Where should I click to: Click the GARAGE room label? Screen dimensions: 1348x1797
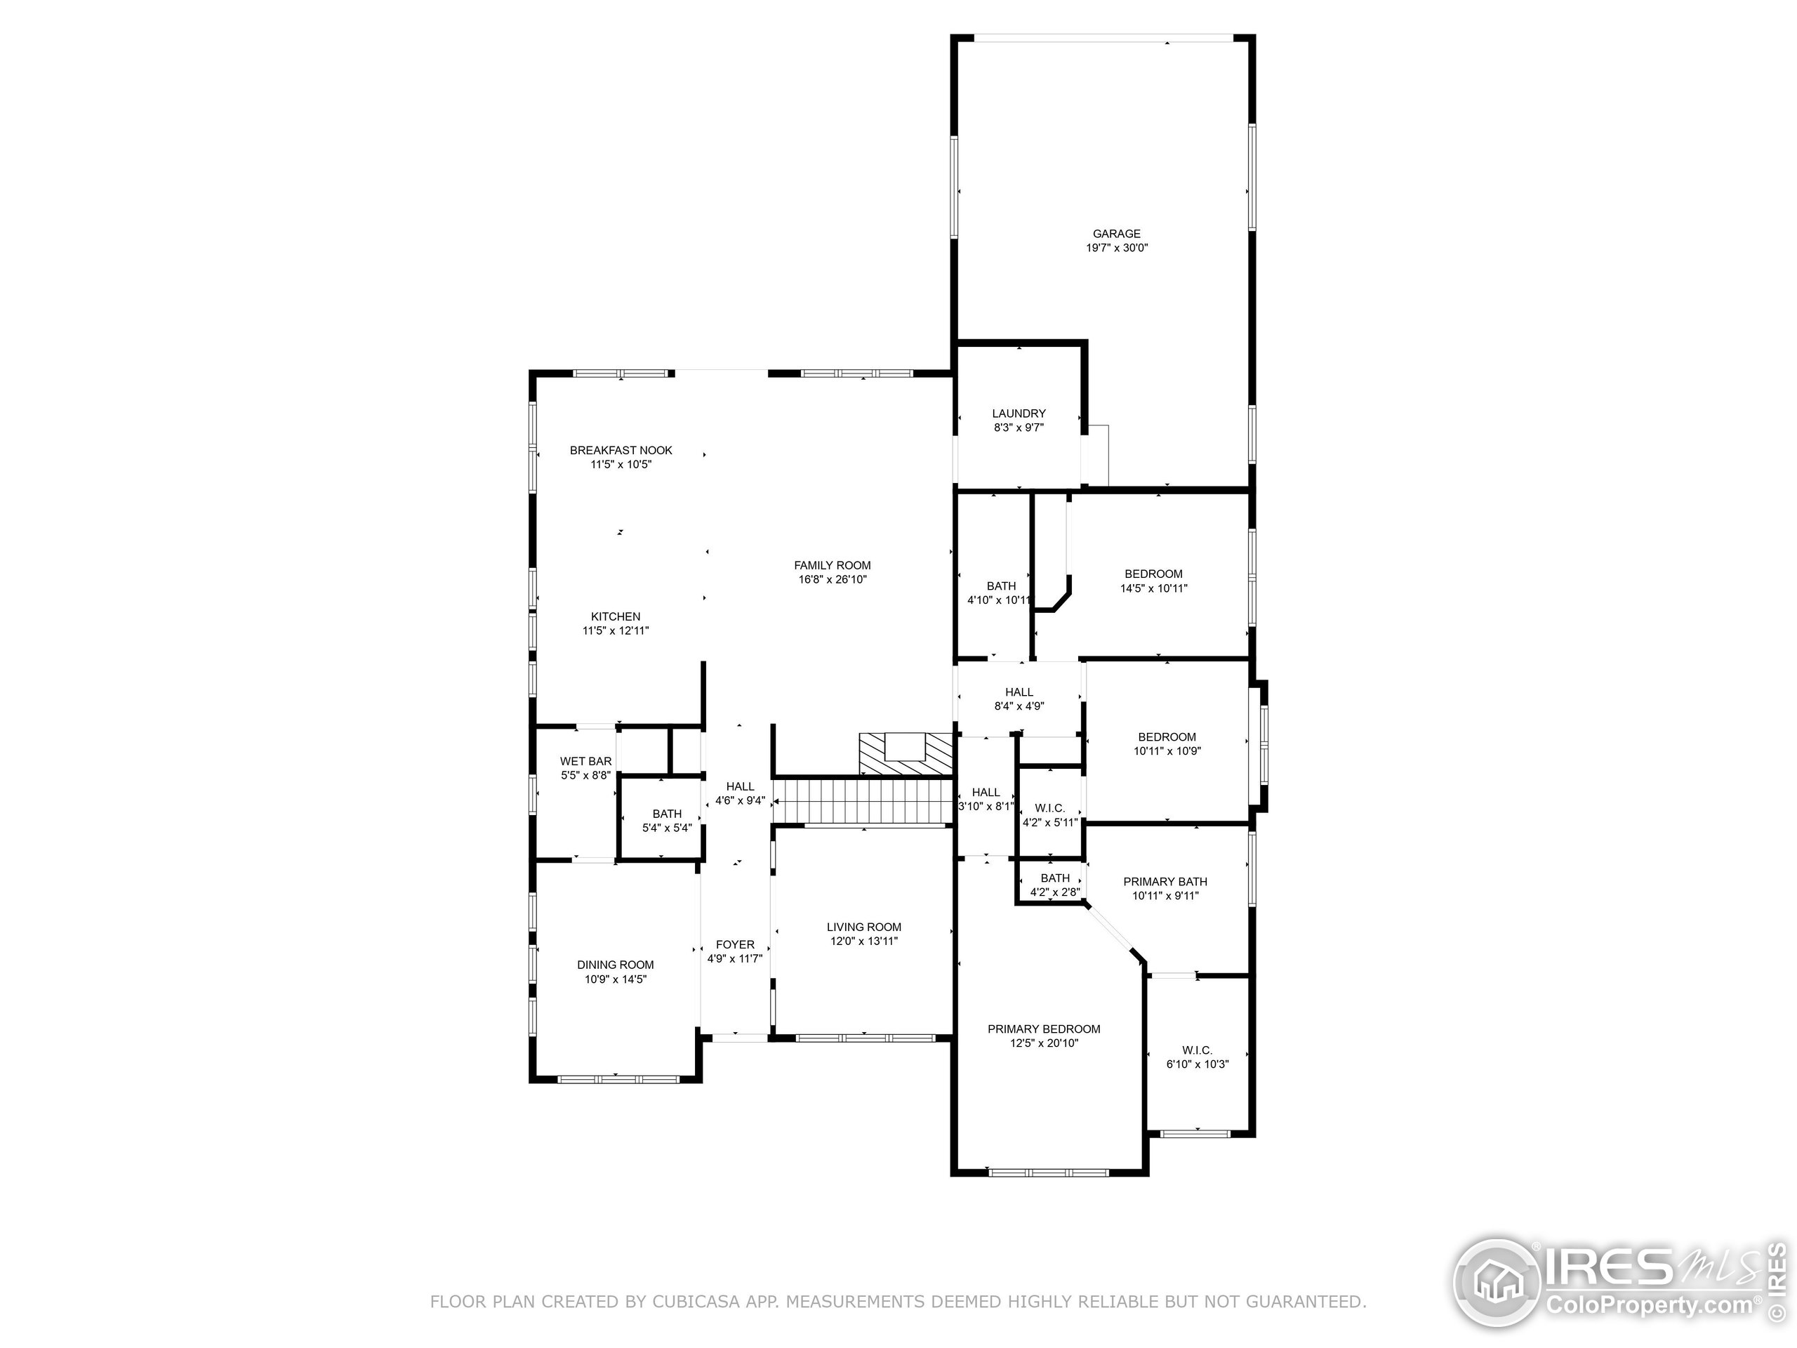point(1116,234)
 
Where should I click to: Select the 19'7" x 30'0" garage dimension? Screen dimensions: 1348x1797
point(1116,249)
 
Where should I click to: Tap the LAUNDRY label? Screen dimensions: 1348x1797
point(1019,414)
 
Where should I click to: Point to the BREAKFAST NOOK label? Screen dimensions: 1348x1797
point(621,450)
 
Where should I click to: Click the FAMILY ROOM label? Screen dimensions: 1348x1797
point(832,565)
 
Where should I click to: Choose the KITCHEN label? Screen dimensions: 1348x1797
point(615,616)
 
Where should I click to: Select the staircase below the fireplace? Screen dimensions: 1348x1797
point(861,800)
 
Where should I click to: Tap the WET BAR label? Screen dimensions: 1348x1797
point(585,761)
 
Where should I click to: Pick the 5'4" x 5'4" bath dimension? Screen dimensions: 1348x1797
point(666,828)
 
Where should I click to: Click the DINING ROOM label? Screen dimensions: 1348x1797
point(615,965)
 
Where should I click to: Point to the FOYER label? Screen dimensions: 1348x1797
point(734,945)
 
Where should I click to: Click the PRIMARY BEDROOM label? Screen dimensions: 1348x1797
point(1043,1029)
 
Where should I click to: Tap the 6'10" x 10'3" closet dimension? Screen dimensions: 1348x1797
point(1197,1064)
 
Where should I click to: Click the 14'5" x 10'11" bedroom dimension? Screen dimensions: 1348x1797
point(1153,588)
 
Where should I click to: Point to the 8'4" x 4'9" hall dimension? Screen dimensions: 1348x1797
point(1019,707)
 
